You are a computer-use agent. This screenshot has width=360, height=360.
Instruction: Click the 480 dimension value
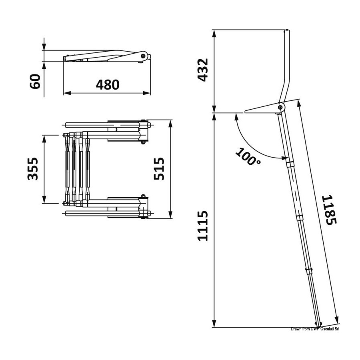[x=108, y=84]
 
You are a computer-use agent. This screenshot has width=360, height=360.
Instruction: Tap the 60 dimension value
[x=35, y=81]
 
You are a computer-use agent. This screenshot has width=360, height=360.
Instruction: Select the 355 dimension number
[x=33, y=169]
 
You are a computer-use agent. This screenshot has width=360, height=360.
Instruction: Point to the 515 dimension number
[x=159, y=169]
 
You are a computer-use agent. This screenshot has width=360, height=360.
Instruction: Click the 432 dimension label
[x=203, y=70]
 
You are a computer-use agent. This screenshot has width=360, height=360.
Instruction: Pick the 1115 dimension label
[x=203, y=226]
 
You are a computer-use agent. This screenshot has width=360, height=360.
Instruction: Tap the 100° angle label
[x=248, y=156]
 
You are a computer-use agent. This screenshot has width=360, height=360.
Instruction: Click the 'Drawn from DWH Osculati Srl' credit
[x=315, y=329]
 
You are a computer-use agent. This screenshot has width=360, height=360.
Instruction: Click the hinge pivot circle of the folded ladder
[x=143, y=56]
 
